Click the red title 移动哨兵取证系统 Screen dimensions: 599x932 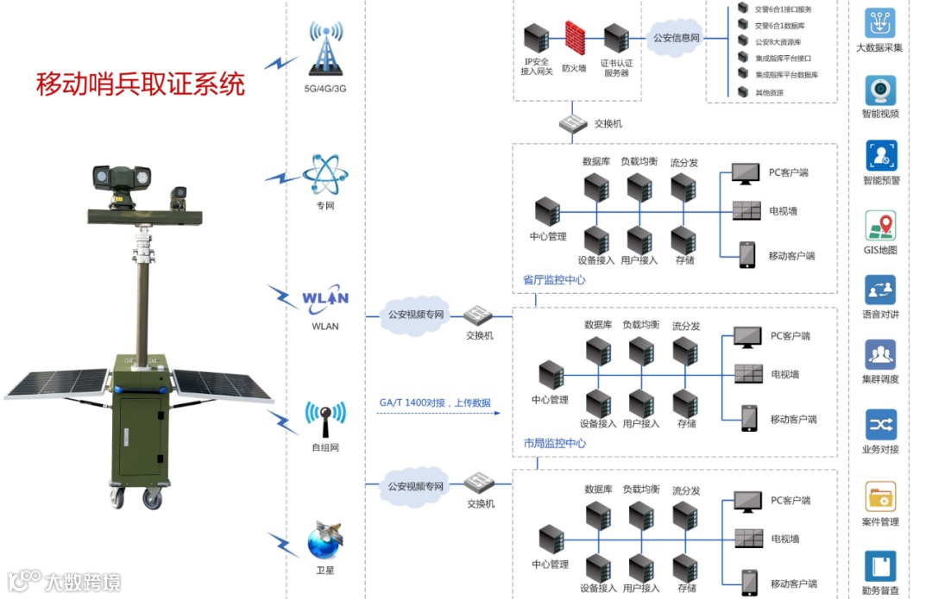[x=141, y=84]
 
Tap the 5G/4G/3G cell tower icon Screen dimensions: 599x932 [x=325, y=49]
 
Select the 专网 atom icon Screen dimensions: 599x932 [x=325, y=175]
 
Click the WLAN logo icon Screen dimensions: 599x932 [x=325, y=298]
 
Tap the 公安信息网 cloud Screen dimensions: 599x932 [x=676, y=38]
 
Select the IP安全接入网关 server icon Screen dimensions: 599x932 [x=536, y=38]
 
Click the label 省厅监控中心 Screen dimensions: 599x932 [x=554, y=279]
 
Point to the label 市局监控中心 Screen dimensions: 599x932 [x=554, y=443]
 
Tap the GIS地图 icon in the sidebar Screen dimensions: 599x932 [x=880, y=226]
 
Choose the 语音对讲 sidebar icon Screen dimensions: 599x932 [x=880, y=290]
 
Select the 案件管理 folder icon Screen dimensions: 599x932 [x=880, y=497]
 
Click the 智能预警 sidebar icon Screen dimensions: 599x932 [x=880, y=156]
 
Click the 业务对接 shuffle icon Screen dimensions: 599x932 [x=880, y=425]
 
